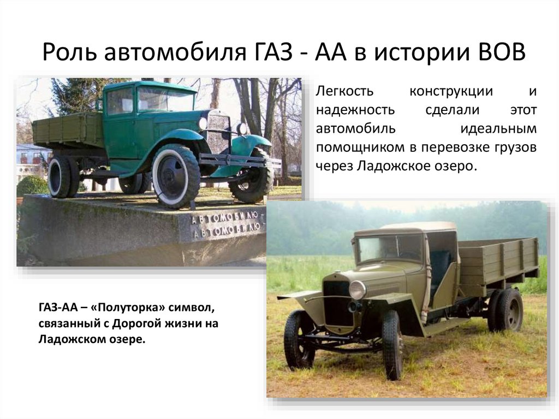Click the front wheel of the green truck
(x=176, y=175)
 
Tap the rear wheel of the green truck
(x=61, y=176)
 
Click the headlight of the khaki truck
(x=358, y=290)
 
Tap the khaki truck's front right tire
(x=392, y=344)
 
